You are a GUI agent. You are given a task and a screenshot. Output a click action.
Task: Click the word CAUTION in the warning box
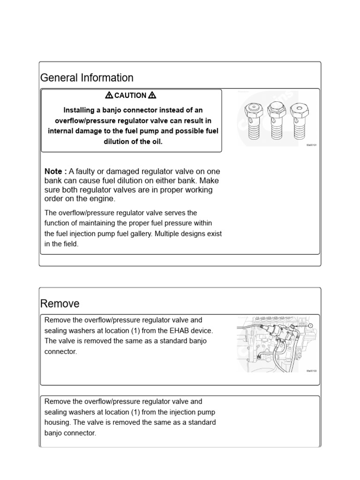coord(130,96)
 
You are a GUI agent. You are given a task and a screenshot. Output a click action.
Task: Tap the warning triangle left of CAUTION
coord(109,96)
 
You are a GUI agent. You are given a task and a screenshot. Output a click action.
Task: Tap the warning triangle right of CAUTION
coord(152,96)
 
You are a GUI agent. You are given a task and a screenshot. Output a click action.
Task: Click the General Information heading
coord(87,78)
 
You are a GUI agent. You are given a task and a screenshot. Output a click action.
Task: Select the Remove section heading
coord(60,304)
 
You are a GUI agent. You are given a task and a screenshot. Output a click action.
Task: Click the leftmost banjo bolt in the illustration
coord(254,120)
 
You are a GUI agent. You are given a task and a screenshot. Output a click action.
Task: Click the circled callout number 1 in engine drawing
coord(310,325)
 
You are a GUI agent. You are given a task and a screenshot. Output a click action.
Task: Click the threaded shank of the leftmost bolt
coord(254,129)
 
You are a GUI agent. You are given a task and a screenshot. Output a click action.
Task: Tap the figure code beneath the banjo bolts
coord(312,145)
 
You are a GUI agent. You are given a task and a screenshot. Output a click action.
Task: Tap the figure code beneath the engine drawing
coord(312,371)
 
